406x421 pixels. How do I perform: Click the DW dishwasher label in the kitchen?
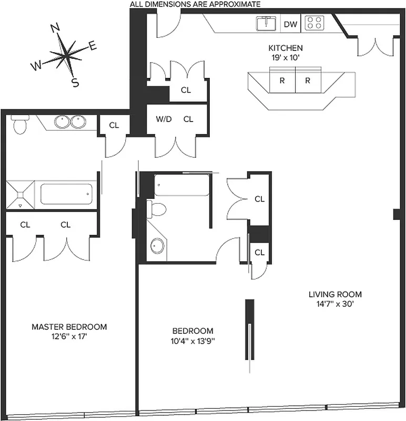[290, 23]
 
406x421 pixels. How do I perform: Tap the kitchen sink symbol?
[267, 23]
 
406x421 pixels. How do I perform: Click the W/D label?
[164, 119]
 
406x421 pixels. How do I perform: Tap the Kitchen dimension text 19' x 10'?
[285, 58]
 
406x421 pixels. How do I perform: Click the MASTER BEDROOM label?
[69, 327]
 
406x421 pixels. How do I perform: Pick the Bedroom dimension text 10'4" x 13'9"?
[193, 340]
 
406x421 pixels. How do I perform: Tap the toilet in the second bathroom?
[156, 209]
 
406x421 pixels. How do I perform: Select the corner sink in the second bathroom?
[157, 245]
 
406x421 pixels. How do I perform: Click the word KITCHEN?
[285, 48]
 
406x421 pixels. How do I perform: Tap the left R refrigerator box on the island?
[282, 81]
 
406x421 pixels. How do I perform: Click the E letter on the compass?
[93, 46]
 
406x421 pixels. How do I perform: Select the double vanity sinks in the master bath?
[70, 122]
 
